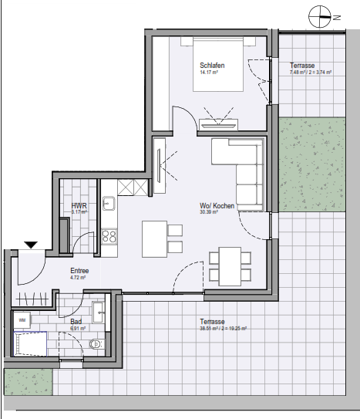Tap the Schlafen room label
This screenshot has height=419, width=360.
click(211, 66)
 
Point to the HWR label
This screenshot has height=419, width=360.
click(79, 206)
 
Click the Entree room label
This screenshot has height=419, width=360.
click(79, 271)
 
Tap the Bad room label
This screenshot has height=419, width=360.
click(76, 321)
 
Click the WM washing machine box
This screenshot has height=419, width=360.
click(22, 318)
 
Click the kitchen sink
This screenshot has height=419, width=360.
click(109, 204)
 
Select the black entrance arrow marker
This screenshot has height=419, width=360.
click(32, 245)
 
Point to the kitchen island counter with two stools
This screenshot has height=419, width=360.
click(154, 239)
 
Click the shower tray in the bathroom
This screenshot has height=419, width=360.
click(30, 343)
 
